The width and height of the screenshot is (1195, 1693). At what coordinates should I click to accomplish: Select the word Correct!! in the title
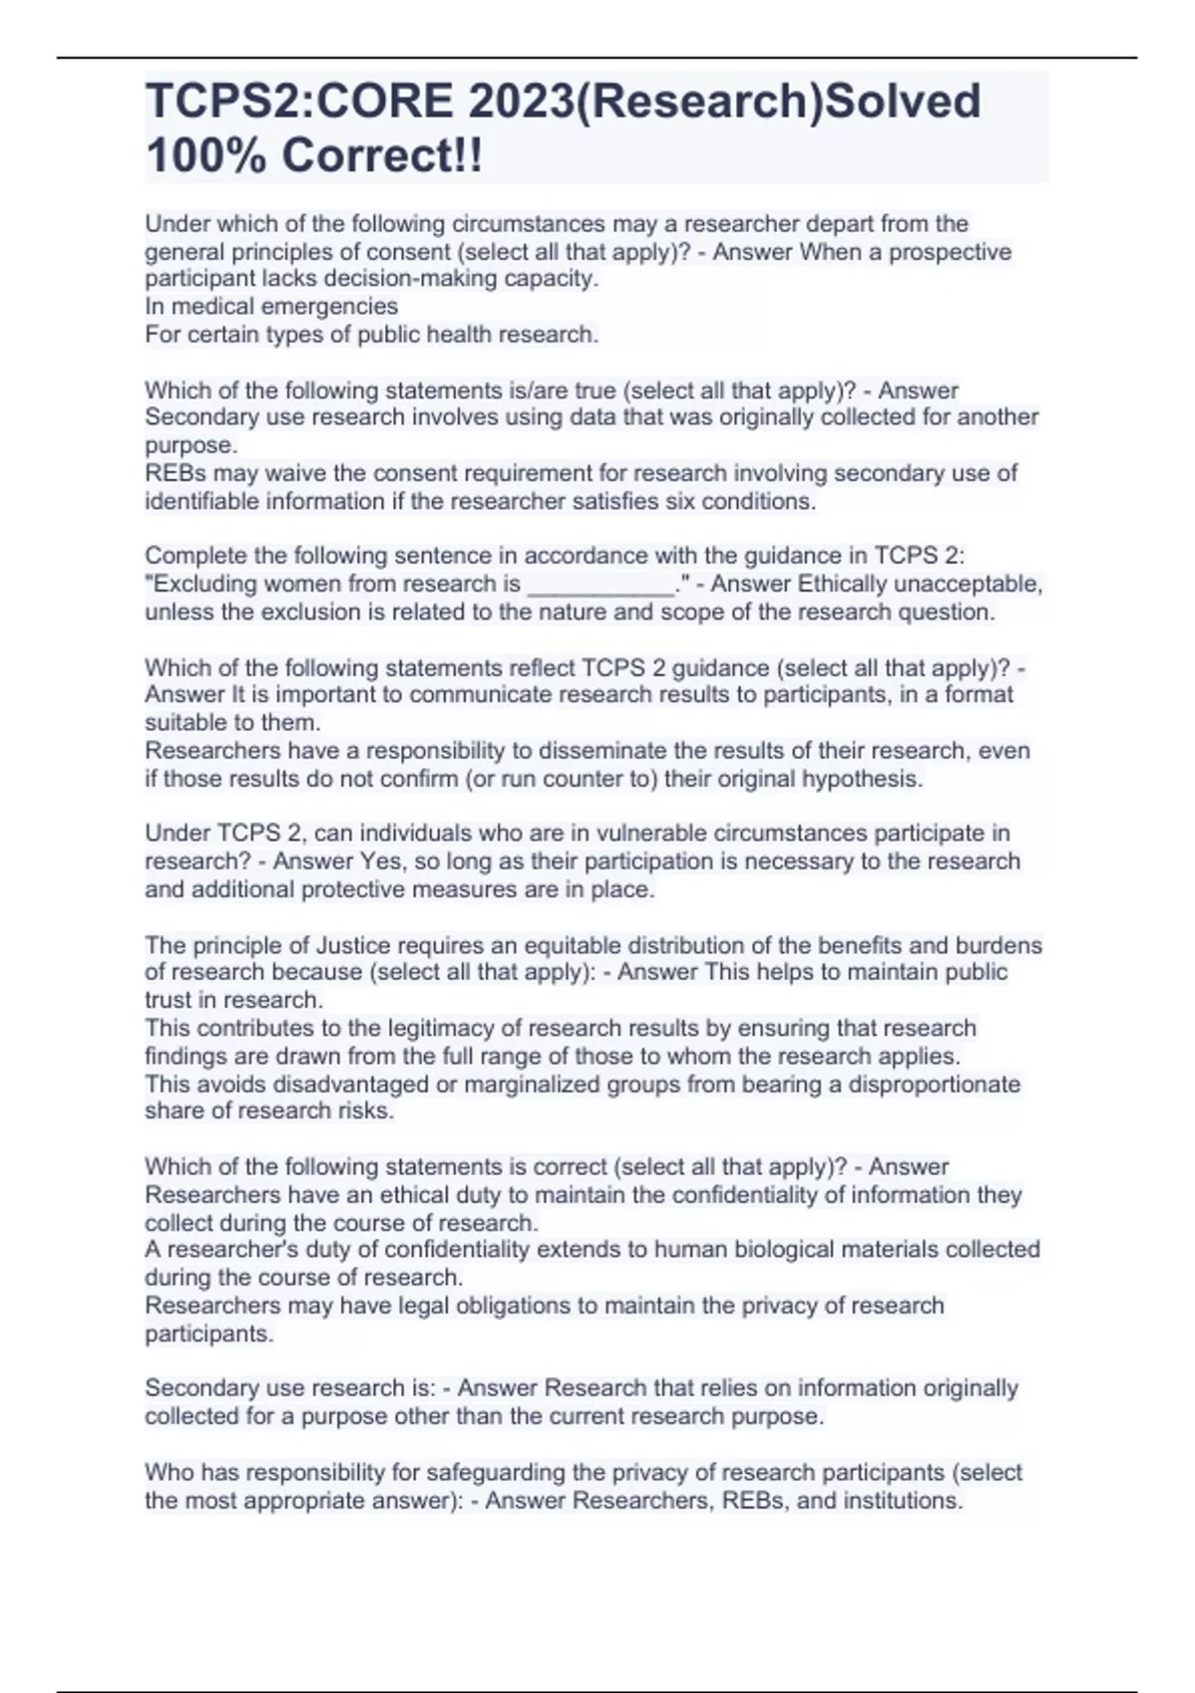click(x=382, y=155)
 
